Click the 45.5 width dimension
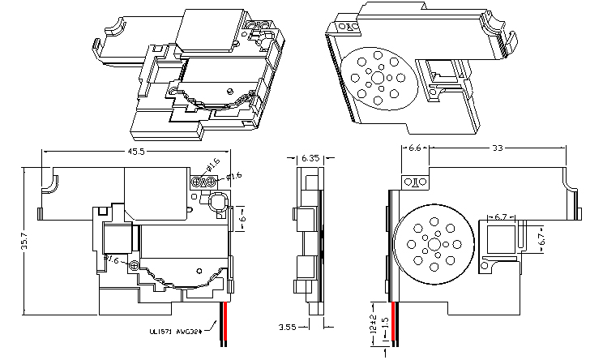136,150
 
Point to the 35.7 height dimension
25,242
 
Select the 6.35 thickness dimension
309,158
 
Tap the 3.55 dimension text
286,328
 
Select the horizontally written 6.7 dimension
500,216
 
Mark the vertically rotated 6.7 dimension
542,239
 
